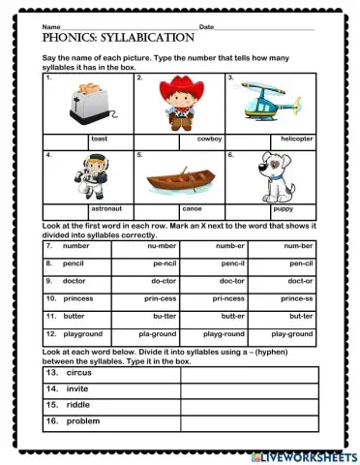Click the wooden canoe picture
(x=178, y=182)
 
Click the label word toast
(x=99, y=139)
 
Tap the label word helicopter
(x=297, y=139)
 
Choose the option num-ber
(x=298, y=247)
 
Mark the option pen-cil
(x=298, y=263)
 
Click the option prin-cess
(x=162, y=299)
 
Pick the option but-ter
(x=162, y=316)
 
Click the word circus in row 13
(x=79, y=372)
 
